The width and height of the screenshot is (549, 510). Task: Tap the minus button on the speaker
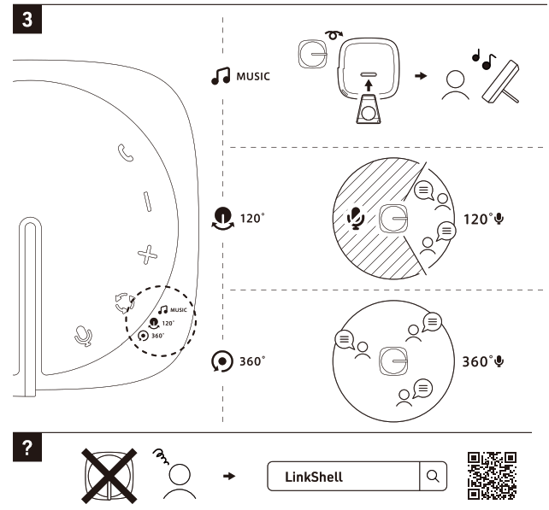(x=147, y=202)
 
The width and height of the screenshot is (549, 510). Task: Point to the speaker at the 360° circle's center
(x=393, y=360)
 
